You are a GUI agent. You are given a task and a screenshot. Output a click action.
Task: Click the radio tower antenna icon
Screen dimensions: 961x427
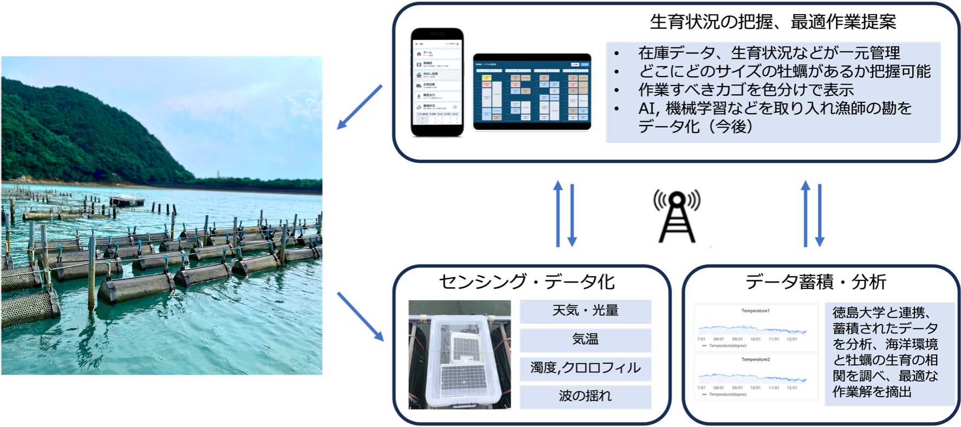tap(676, 216)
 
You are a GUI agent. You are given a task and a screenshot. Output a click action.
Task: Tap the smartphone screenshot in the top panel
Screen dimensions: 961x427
tap(437, 82)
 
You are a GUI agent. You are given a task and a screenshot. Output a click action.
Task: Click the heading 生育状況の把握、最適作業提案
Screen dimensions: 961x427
tap(772, 22)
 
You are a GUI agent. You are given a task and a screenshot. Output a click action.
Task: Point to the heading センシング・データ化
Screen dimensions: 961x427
tap(526, 281)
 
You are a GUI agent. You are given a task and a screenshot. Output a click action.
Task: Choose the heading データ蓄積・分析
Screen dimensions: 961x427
tap(815, 281)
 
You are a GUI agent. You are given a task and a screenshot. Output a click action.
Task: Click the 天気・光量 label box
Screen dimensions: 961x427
tap(585, 311)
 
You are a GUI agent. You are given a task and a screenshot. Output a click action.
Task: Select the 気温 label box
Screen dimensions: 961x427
tap(585, 339)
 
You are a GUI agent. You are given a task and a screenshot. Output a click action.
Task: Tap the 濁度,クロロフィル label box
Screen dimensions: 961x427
tap(585, 368)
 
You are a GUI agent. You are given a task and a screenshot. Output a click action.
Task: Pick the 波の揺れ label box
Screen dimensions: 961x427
tap(585, 396)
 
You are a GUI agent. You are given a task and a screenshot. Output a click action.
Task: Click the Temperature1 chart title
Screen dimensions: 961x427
tap(755, 311)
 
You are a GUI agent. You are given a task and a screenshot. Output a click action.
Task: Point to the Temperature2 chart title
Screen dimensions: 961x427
tap(755, 359)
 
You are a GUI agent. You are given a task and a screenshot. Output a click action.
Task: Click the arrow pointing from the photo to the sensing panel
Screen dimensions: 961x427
tap(360, 316)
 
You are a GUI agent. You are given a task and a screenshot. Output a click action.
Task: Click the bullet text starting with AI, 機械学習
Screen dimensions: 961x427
tap(775, 108)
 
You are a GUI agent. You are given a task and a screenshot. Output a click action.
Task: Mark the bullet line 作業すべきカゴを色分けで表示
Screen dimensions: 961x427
tap(745, 89)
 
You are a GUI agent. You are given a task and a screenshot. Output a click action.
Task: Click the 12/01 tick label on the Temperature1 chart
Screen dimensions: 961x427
tap(791, 339)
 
